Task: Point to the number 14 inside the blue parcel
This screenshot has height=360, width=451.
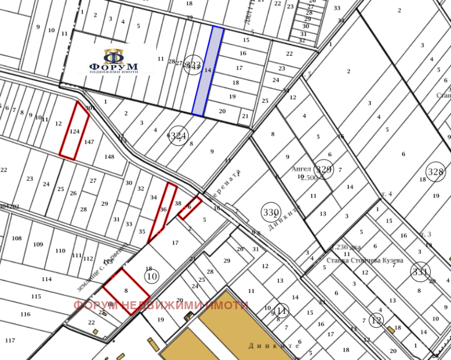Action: coord(207,70)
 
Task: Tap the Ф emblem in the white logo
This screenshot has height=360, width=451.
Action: coord(114,56)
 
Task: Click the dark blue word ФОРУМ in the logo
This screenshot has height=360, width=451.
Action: coord(114,67)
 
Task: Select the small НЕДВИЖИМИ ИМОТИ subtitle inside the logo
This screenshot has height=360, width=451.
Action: coord(114,72)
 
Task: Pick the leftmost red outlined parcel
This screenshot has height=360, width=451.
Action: coord(74,131)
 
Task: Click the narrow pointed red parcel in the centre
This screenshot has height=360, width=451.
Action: coord(164,209)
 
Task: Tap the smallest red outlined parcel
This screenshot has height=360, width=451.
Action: coord(190,208)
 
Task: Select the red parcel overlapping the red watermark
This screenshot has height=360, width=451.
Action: coord(126,291)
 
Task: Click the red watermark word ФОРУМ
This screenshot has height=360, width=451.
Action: coord(95,306)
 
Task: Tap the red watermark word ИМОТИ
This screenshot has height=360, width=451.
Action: coord(227,306)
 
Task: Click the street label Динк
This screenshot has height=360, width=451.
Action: coord(263,346)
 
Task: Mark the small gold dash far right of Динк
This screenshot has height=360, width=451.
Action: coord(391,330)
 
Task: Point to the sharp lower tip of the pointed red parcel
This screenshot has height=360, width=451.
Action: coord(148,243)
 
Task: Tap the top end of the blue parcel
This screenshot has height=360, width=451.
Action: coord(218,28)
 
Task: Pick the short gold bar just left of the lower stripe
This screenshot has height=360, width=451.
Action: coord(153,345)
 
